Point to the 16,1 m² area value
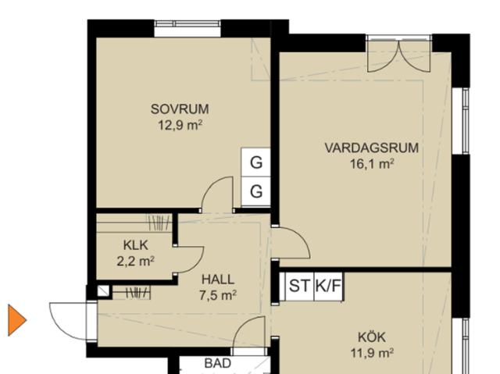point(372,163)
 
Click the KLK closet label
point(135,245)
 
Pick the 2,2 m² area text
point(135,261)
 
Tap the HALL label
point(217,279)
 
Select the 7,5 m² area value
point(217,294)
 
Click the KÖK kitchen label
point(372,337)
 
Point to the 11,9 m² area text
point(372,352)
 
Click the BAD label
point(217,364)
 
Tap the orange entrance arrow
point(16,319)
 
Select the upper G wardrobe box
point(255,163)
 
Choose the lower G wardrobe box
point(255,191)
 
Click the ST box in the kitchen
point(298,286)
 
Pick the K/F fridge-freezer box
point(327,286)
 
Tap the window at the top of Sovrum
point(187,29)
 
